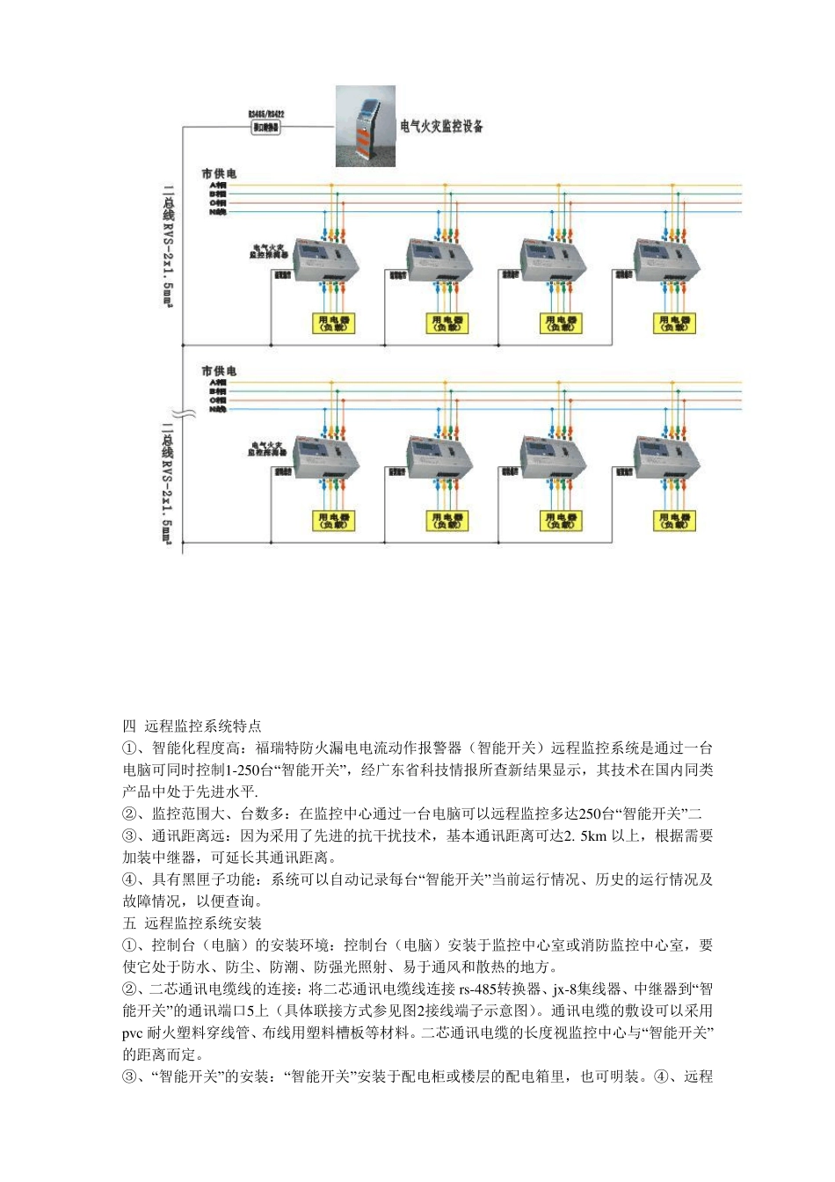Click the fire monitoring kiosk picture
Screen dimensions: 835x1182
(x=366, y=126)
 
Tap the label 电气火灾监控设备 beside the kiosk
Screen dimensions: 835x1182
(x=441, y=127)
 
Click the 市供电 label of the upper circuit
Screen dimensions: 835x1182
(x=219, y=174)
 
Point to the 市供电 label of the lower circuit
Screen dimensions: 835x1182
(x=219, y=371)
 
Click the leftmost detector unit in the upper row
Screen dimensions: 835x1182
(x=326, y=260)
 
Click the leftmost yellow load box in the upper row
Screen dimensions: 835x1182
(x=333, y=324)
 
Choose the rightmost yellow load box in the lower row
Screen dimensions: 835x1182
(x=674, y=521)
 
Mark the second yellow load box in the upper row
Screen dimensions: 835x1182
(x=447, y=324)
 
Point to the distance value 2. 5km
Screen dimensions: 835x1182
(x=585, y=835)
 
